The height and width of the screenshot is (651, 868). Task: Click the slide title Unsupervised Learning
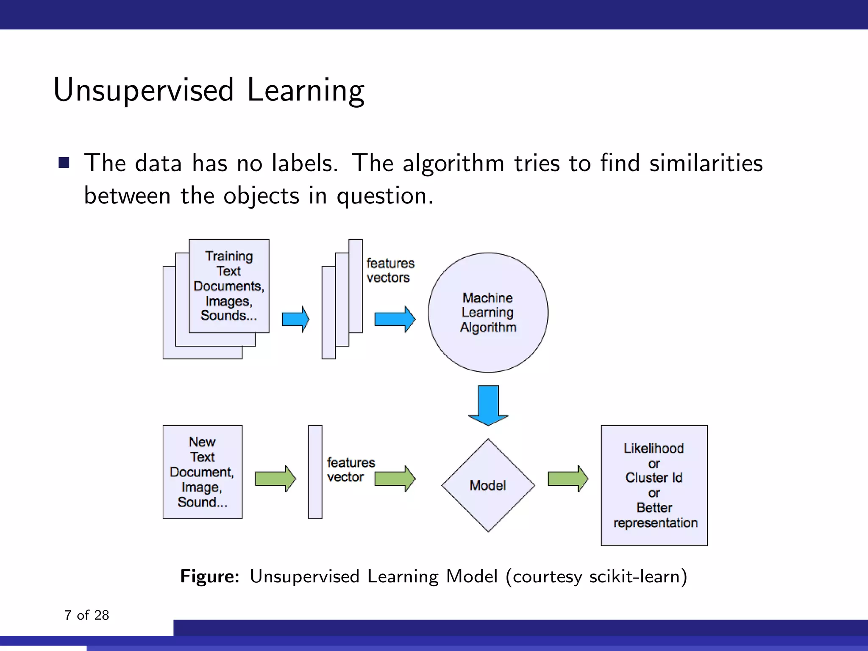coord(209,90)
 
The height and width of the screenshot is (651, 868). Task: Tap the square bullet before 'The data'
coord(64,163)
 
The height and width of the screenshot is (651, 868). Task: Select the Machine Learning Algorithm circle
coord(488,313)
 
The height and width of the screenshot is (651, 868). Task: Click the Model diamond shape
coord(488,485)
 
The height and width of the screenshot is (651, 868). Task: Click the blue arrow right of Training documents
coord(295,319)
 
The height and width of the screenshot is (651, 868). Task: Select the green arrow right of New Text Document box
coord(275,479)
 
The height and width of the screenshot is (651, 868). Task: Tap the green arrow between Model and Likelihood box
coord(568,479)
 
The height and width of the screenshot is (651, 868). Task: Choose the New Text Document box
coord(202,472)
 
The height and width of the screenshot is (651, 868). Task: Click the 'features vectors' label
coord(390,270)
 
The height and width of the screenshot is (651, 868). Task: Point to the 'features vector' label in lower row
coord(350,470)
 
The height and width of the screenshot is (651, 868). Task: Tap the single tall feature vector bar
coord(315,472)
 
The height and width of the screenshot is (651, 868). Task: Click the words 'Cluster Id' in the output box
coord(654,478)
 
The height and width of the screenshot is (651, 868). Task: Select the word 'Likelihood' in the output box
coord(654,448)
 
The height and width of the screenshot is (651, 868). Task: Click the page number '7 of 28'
coord(86,615)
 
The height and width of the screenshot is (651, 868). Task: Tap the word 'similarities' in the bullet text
coord(706,163)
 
